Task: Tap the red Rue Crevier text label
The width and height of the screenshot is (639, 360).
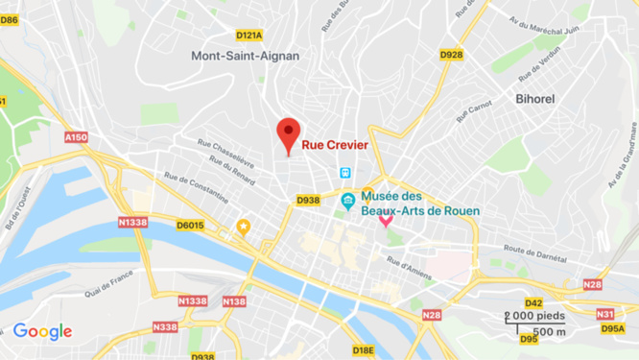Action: [335, 146]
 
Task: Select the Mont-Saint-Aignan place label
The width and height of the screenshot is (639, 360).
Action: [245, 56]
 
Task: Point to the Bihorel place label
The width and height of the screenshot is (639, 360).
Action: [535, 99]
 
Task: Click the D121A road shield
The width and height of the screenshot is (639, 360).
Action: [248, 36]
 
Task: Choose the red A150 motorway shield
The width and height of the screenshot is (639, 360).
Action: [76, 137]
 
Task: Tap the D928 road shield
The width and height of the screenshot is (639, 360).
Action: [451, 55]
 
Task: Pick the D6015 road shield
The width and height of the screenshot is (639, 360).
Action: [190, 226]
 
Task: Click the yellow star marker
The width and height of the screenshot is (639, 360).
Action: [244, 228]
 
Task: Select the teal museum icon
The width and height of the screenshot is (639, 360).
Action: [348, 200]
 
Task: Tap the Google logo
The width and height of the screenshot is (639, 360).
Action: [42, 332]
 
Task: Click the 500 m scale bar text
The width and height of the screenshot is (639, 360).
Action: [549, 331]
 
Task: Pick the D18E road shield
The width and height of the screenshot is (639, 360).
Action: [363, 350]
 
